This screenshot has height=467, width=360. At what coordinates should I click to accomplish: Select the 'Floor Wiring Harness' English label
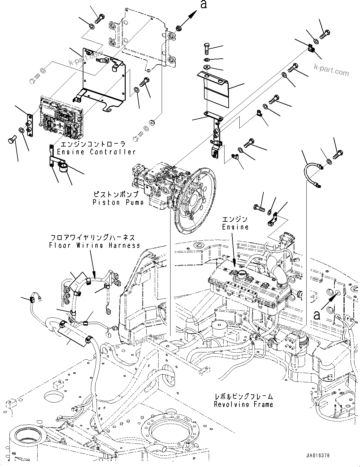[94, 245]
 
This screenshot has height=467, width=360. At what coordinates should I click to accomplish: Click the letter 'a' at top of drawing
[204, 4]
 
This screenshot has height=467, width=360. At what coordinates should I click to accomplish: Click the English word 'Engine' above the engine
[235, 227]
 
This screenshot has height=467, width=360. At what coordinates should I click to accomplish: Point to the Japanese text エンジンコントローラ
[93, 144]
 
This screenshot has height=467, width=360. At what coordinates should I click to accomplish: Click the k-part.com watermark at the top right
[331, 70]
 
